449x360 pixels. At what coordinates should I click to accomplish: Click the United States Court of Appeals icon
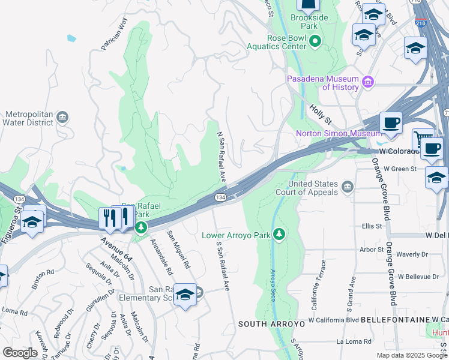348,188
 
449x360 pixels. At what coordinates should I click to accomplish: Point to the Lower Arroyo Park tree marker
278,234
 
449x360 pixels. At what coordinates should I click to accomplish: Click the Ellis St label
372,226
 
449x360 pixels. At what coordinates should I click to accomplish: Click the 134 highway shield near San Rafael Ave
221,197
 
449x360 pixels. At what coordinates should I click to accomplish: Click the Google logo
19,353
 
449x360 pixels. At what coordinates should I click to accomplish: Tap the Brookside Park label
309,22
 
